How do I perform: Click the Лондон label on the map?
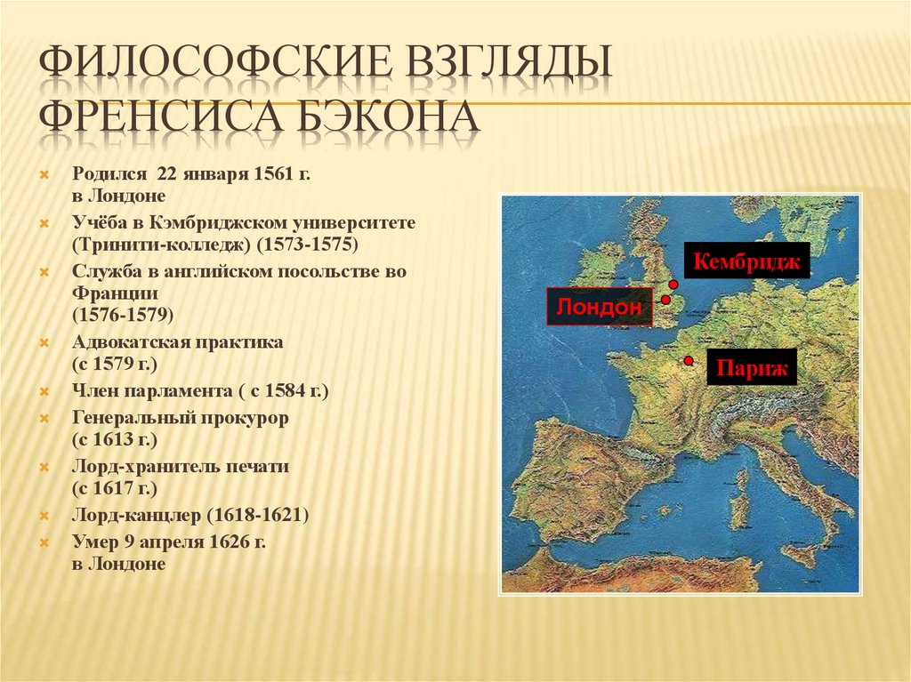(x=599, y=307)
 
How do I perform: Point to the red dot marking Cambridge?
(x=673, y=284)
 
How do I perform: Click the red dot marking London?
(x=665, y=301)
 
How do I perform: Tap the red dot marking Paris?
(x=689, y=360)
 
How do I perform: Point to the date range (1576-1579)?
(x=124, y=315)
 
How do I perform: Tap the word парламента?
(x=173, y=390)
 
